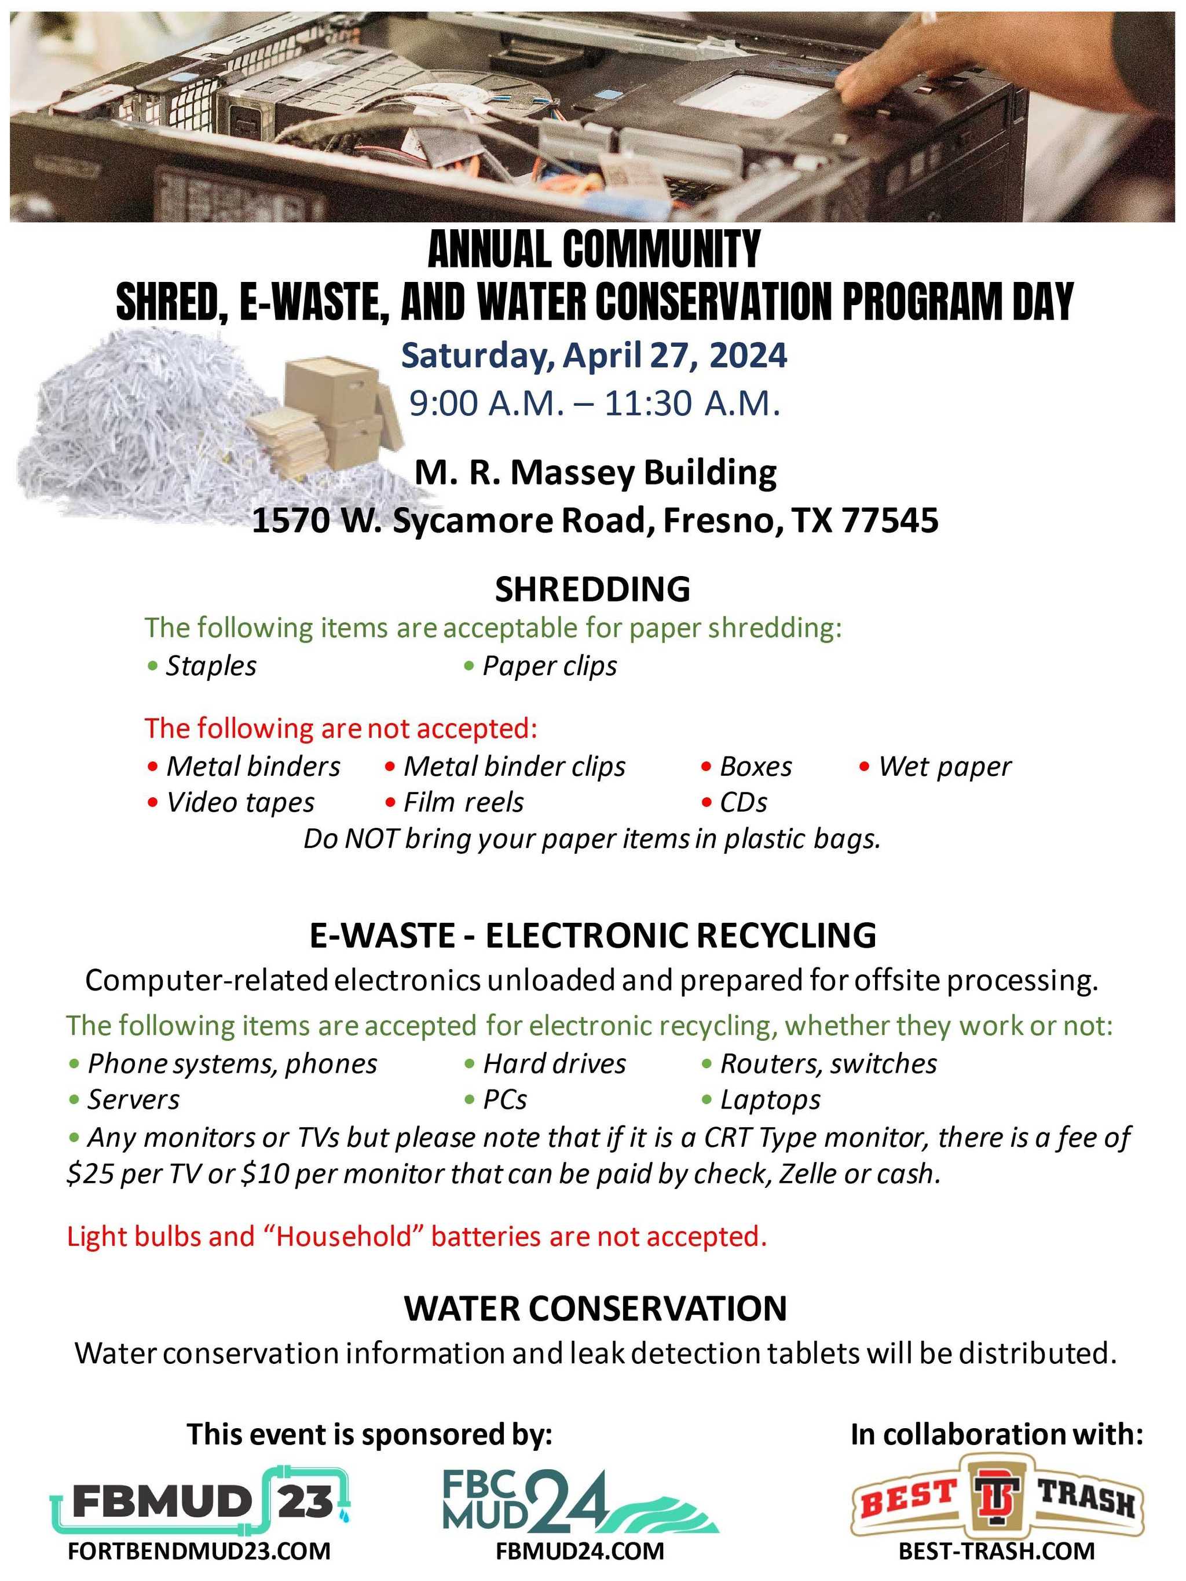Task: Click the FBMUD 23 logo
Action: (x=200, y=1501)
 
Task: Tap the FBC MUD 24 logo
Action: (x=579, y=1501)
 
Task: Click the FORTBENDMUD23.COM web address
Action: (x=199, y=1551)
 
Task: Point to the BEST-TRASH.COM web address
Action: (x=997, y=1551)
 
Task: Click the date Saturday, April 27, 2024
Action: (x=594, y=356)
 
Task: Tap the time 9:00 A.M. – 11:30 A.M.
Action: (x=594, y=404)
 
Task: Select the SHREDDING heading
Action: (x=592, y=590)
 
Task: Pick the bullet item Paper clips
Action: (x=549, y=666)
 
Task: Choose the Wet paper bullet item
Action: (x=944, y=767)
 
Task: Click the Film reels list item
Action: (x=463, y=802)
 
